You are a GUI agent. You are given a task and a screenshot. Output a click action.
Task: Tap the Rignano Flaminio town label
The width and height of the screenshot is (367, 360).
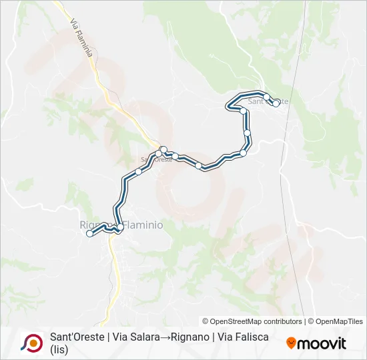point(121,225)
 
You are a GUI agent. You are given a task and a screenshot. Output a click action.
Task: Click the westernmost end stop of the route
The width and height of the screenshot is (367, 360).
point(89,233)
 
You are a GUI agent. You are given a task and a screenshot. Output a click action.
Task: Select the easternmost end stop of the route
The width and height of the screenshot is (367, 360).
point(276,103)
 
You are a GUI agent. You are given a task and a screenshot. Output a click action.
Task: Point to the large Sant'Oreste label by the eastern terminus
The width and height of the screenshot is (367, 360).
point(268,101)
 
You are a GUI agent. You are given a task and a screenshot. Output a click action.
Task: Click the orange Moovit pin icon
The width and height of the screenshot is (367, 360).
point(292,343)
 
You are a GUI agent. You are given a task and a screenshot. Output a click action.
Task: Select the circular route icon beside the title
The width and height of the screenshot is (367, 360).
point(31,343)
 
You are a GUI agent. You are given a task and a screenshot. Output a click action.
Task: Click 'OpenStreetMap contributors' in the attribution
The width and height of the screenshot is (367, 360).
point(252,321)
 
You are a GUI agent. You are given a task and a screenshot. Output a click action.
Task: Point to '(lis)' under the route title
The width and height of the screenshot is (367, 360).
point(60,349)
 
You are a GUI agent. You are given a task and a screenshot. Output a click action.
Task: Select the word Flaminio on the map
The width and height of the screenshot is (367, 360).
point(141,225)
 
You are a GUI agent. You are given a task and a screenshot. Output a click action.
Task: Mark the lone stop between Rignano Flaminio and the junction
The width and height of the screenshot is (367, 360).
point(138,171)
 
